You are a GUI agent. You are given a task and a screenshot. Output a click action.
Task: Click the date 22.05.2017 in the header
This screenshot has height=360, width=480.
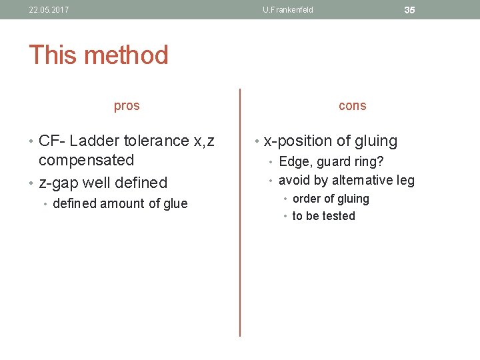click(x=49, y=10)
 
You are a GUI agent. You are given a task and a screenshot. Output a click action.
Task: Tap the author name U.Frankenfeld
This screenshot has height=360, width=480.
click(x=288, y=10)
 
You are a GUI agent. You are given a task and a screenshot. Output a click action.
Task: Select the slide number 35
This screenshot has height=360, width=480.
click(x=409, y=10)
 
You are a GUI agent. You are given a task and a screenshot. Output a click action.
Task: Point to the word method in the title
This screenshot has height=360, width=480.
click(x=129, y=55)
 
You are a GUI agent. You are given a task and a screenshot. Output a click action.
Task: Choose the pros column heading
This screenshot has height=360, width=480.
click(x=127, y=105)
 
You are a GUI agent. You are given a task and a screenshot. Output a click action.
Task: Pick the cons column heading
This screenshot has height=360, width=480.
click(x=352, y=105)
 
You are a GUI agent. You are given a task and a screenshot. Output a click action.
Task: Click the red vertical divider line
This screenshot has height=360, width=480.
click(x=240, y=213)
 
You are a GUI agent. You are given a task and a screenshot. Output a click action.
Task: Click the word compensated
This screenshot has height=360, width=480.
click(x=86, y=160)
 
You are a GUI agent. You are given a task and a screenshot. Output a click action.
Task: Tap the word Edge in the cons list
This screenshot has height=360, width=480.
click(x=293, y=161)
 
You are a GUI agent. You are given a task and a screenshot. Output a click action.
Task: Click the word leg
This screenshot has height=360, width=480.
click(x=405, y=180)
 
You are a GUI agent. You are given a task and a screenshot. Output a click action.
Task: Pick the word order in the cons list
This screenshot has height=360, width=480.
click(x=307, y=199)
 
